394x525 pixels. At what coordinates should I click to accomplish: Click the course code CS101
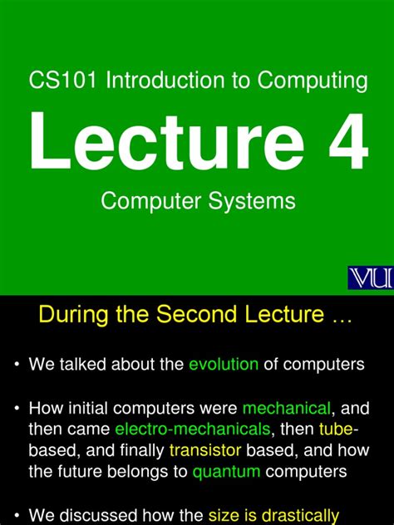click(x=55, y=81)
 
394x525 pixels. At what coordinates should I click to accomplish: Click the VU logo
click(x=370, y=279)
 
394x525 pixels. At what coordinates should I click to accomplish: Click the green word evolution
click(x=224, y=365)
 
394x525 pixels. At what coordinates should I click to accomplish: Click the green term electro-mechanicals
click(x=193, y=430)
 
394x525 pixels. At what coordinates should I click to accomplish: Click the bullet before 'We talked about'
click(x=17, y=366)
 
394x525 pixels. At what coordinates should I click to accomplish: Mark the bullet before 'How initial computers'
click(x=17, y=409)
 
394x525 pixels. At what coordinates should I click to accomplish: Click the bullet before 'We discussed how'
click(x=17, y=516)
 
